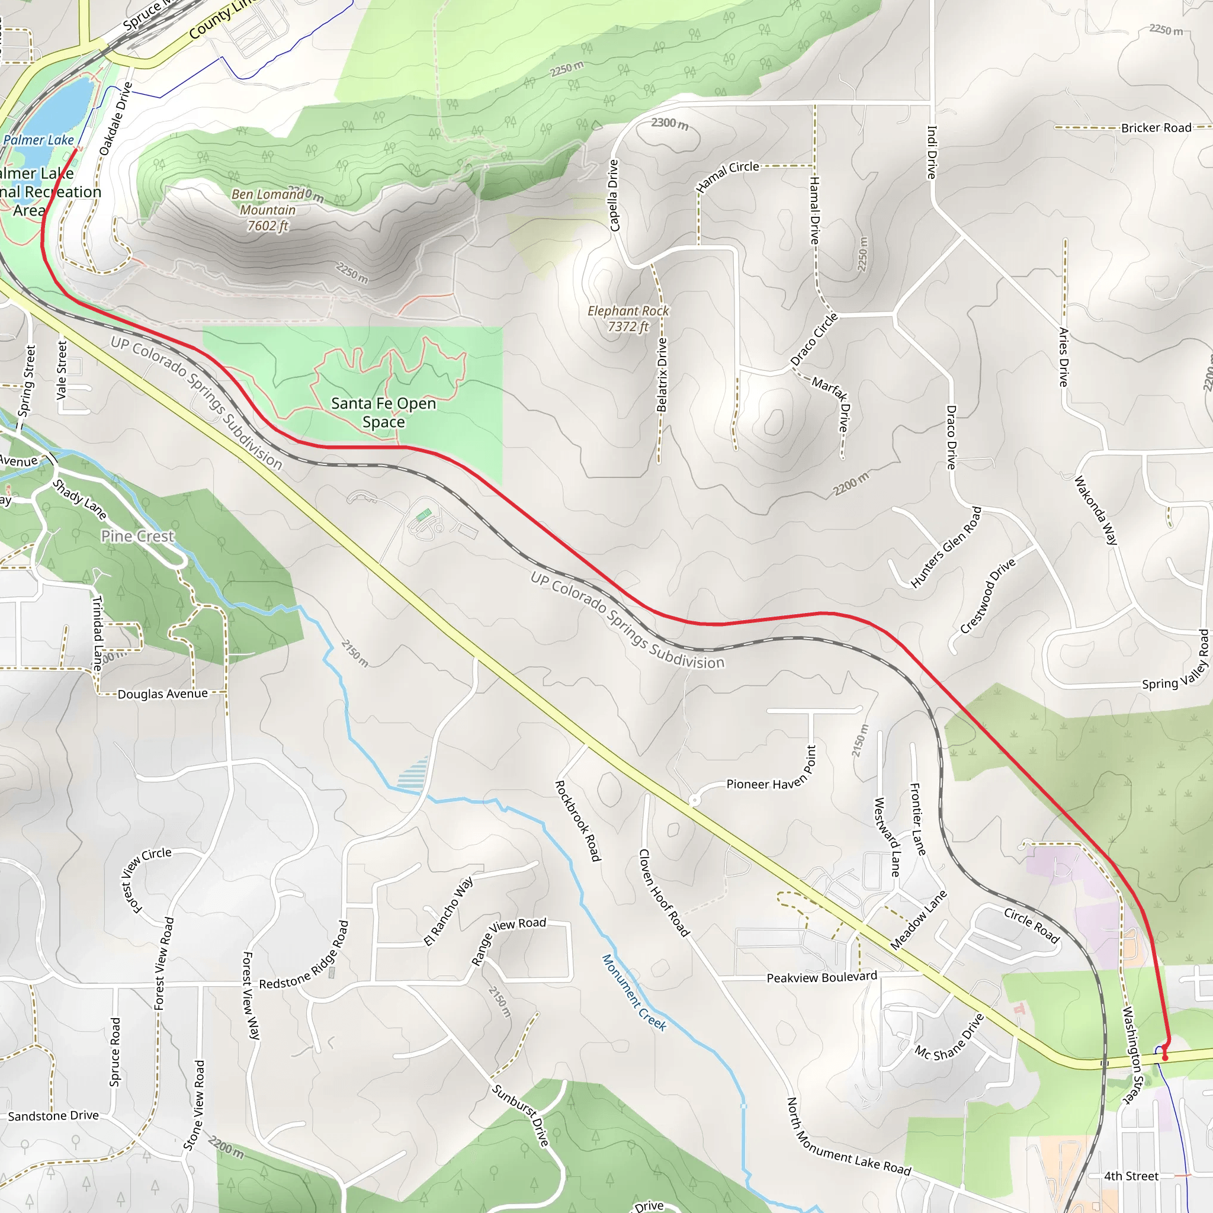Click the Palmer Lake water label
point(38,140)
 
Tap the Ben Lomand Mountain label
point(268,210)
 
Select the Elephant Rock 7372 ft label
point(628,318)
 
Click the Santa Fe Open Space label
point(383,412)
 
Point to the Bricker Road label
point(1156,128)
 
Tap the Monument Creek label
point(634,993)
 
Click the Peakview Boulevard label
point(821,977)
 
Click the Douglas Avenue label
point(163,694)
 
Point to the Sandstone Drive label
point(53,1116)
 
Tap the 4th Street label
point(1131,1176)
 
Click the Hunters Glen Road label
point(945,547)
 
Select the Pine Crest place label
point(137,536)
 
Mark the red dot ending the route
point(1165,1058)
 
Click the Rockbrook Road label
point(578,820)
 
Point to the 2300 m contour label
point(669,123)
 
